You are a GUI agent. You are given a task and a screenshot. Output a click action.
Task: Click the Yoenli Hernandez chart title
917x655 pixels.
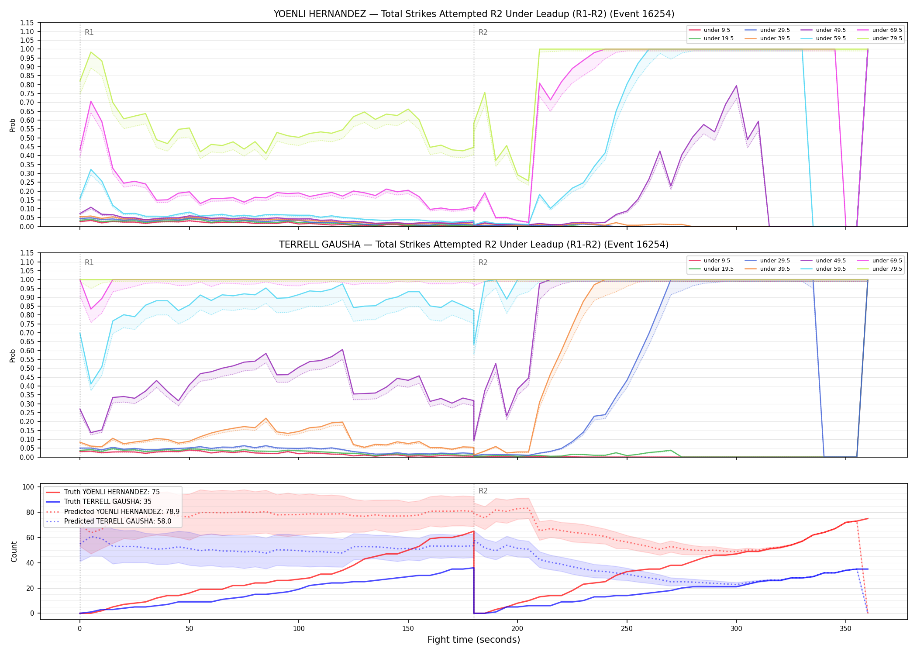[474, 14]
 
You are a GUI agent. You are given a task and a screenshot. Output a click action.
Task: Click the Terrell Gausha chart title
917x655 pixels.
[474, 245]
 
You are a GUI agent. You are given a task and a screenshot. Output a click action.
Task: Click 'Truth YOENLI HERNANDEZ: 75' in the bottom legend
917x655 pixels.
[112, 492]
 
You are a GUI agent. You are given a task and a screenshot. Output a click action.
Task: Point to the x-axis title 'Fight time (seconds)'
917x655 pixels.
[474, 640]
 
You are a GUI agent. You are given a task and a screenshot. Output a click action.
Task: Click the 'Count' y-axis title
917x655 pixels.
[14, 552]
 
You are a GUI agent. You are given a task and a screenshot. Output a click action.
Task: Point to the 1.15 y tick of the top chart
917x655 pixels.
[27, 23]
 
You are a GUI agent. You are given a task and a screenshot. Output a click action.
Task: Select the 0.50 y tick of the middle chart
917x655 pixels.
[27, 369]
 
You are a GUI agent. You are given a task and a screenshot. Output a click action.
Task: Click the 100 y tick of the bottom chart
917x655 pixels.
[28, 487]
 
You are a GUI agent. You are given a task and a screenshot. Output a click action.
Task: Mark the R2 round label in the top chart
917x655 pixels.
[483, 32]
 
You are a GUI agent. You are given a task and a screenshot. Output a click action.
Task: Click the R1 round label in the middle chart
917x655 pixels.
[89, 263]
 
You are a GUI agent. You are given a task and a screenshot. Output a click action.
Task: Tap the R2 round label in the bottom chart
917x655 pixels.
[483, 491]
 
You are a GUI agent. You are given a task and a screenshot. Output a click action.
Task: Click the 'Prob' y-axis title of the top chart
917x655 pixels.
[13, 125]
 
